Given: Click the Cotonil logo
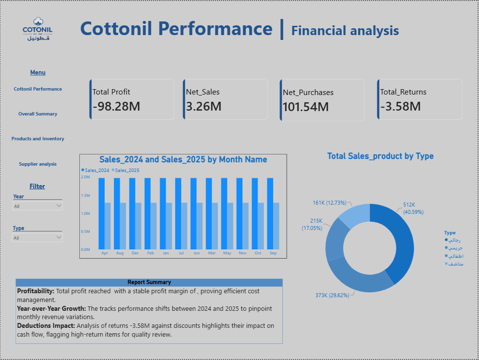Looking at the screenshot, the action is coord(37,29).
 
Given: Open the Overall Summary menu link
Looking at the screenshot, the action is coord(38,114).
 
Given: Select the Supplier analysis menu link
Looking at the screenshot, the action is coord(38,164).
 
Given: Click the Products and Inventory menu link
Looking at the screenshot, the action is coord(38,138).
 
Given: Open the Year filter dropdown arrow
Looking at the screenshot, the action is coord(59,206).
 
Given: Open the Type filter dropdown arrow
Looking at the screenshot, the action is coord(59,237).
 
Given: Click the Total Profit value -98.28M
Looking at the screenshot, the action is coord(116,106).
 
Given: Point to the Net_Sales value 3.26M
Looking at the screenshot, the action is coord(204,106).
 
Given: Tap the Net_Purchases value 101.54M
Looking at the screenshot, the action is coord(306,107).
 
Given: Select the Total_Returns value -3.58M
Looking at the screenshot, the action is coord(401,106).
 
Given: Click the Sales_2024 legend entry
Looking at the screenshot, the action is coord(95,170).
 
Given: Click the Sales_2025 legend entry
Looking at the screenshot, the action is coord(125,170).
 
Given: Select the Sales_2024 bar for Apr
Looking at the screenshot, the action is coord(101,214).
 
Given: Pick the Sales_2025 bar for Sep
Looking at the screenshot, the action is coord(276,226).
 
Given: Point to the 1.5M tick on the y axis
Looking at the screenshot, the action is coord(86,195).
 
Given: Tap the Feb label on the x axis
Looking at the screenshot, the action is coord(150,253).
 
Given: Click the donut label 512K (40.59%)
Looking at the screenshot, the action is coord(413,208).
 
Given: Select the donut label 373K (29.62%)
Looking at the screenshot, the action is coord(332,295).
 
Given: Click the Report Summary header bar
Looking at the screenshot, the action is coord(149,283).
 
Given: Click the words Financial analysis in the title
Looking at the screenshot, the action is coord(345,31).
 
